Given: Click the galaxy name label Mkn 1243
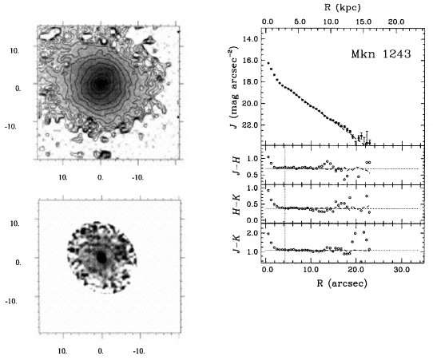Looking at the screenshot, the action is [381, 53].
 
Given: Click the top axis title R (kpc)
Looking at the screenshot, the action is [343, 7].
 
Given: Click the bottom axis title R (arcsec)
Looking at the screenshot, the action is [342, 283].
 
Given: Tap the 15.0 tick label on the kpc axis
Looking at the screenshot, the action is [363, 22].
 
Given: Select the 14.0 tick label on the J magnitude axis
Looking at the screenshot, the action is [250, 38].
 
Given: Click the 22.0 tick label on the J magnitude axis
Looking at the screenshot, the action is [250, 125].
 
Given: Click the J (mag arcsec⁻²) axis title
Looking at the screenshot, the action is [234, 88].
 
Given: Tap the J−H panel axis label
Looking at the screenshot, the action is [236, 165].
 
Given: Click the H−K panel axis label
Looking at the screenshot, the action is [236, 204].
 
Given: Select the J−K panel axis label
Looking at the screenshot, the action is [236, 243].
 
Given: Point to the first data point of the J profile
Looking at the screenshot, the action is [268, 63].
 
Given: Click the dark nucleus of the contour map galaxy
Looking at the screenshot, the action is [100, 83].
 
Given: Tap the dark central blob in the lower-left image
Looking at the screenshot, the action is [102, 258].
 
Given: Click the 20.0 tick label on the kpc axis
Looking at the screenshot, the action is [396, 22].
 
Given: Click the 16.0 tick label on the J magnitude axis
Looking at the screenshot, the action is [250, 60].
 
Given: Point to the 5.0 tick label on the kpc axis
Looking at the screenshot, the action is [300, 22].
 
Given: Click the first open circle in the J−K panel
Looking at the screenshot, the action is [268, 233].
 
